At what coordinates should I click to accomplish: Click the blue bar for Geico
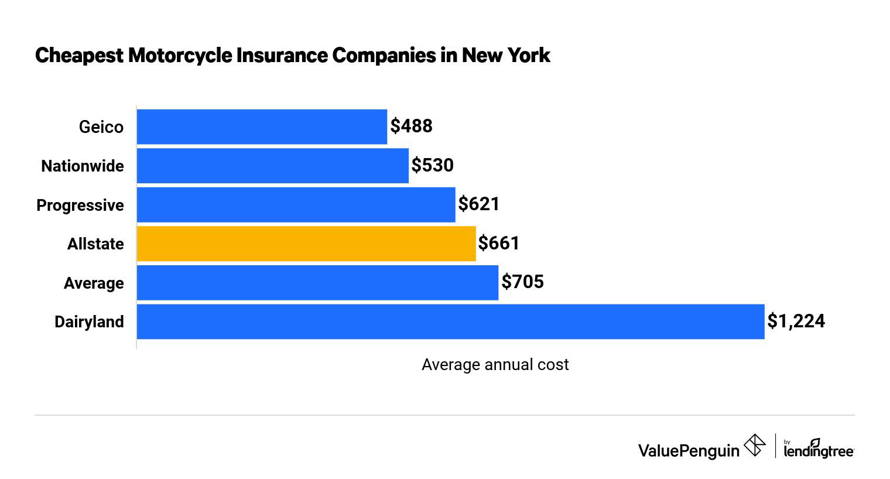pyautogui.click(x=262, y=126)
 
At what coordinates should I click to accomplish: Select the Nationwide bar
pyautogui.click(x=272, y=166)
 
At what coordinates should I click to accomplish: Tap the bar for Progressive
pyautogui.click(x=296, y=205)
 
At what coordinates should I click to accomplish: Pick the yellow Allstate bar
pyautogui.click(x=306, y=244)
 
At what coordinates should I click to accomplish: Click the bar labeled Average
pyautogui.click(x=317, y=283)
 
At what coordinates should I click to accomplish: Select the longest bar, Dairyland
pyautogui.click(x=450, y=321)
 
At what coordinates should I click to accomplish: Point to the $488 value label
pyautogui.click(x=412, y=126)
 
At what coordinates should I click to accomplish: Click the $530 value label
pyautogui.click(x=433, y=165)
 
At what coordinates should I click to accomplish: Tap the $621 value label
pyautogui.click(x=479, y=204)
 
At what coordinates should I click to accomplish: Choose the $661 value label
pyautogui.click(x=499, y=243)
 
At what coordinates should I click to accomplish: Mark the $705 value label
pyautogui.click(x=523, y=282)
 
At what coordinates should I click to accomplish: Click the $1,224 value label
pyautogui.click(x=796, y=321)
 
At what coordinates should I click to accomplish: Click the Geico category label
pyautogui.click(x=101, y=127)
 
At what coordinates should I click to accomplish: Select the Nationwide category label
pyautogui.click(x=83, y=166)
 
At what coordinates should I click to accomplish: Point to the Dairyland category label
pyautogui.click(x=89, y=322)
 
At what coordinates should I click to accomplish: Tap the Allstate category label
pyautogui.click(x=95, y=244)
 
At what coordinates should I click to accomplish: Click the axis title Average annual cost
pyautogui.click(x=495, y=365)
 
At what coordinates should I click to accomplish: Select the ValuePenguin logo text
pyautogui.click(x=689, y=450)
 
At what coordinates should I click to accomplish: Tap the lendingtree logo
pyautogui.click(x=819, y=450)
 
